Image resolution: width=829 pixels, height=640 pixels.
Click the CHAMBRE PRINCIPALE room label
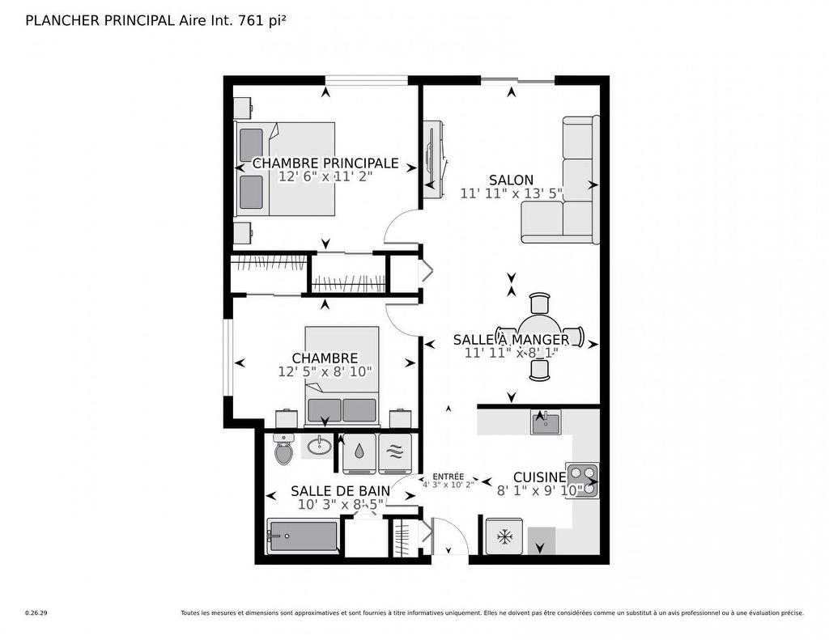[325, 163]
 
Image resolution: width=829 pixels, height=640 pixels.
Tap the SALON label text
[511, 180]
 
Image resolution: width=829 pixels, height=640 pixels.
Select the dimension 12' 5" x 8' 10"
[325, 372]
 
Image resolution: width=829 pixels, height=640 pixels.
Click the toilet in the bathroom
[283, 450]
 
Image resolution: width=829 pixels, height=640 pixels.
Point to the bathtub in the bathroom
[303, 537]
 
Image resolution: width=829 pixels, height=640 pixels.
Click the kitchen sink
[546, 422]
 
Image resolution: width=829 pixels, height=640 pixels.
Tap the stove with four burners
[582, 480]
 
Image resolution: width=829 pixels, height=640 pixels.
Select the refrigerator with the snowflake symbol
[504, 536]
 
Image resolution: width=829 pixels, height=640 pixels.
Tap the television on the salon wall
[435, 159]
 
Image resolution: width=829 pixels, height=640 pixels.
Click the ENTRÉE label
[449, 477]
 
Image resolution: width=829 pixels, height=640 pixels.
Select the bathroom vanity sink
[321, 444]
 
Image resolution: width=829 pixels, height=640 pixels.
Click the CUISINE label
[539, 477]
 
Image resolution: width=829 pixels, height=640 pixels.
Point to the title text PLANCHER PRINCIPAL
[100, 21]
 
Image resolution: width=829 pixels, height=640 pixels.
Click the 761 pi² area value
[261, 21]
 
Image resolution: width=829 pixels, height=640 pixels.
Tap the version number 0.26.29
[36, 613]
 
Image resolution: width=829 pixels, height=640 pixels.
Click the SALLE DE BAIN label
[340, 491]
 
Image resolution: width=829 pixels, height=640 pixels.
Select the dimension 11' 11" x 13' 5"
[511, 193]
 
